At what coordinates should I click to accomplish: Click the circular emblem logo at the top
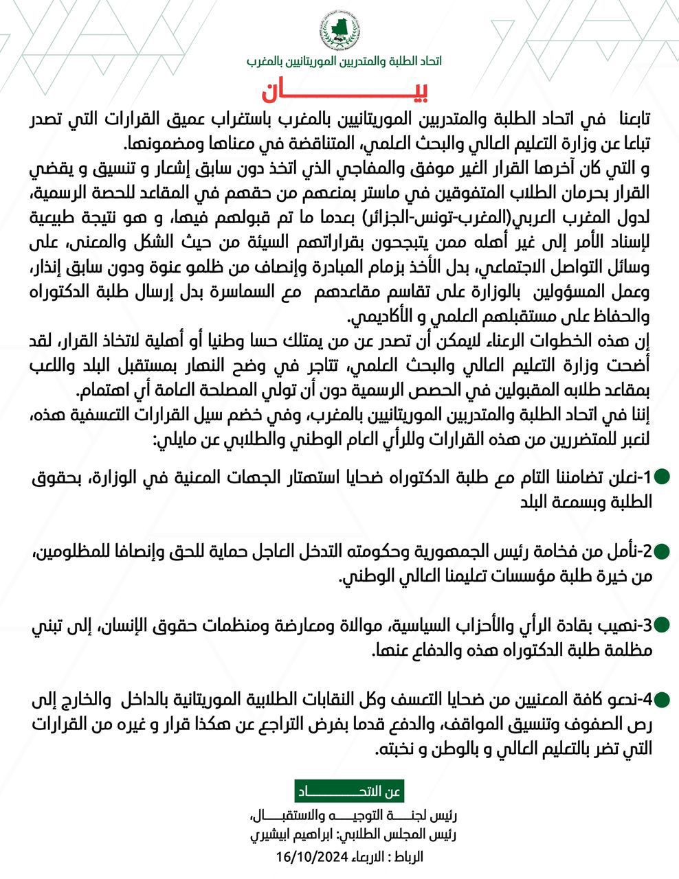tap(339, 32)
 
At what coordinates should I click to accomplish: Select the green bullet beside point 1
tap(661, 477)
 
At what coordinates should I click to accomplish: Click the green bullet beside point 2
tap(661, 551)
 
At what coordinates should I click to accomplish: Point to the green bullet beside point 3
tap(661, 625)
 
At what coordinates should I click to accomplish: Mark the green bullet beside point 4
tap(661, 700)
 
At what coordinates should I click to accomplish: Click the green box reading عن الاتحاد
tap(348, 792)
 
